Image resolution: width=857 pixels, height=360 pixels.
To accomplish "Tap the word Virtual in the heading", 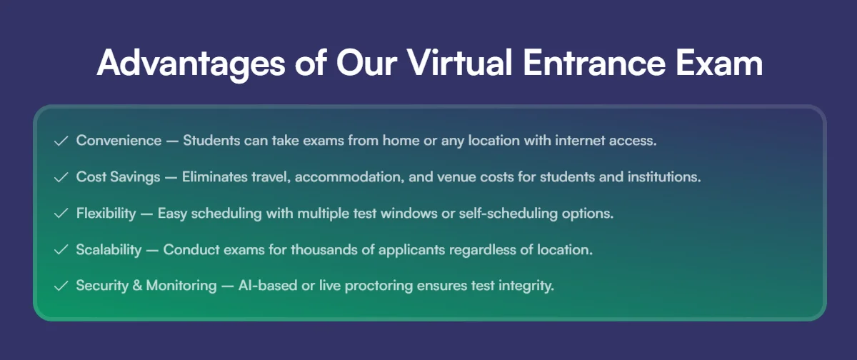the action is coord(459,62).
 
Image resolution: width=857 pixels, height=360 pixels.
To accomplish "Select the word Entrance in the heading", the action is coord(593,63).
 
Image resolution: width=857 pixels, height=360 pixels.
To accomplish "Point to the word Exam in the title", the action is coord(719,63).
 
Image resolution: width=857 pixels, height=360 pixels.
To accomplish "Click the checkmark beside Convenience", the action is coord(61,141).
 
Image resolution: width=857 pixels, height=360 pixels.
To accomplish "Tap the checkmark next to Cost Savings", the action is coord(61,178).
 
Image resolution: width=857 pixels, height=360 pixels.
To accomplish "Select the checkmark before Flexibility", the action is coord(61,214).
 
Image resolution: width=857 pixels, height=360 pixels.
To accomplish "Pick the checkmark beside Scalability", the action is coord(61,250).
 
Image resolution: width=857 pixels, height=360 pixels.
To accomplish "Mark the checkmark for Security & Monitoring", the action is coord(61,286).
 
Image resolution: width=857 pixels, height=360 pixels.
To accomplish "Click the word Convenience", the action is coord(119,141).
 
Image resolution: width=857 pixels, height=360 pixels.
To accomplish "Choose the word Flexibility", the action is coord(106,214).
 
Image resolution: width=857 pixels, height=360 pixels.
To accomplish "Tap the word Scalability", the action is coord(109,250).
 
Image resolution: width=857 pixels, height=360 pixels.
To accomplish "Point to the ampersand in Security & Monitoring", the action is coord(137,286).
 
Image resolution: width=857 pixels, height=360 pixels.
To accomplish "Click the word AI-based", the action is coord(268,286).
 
